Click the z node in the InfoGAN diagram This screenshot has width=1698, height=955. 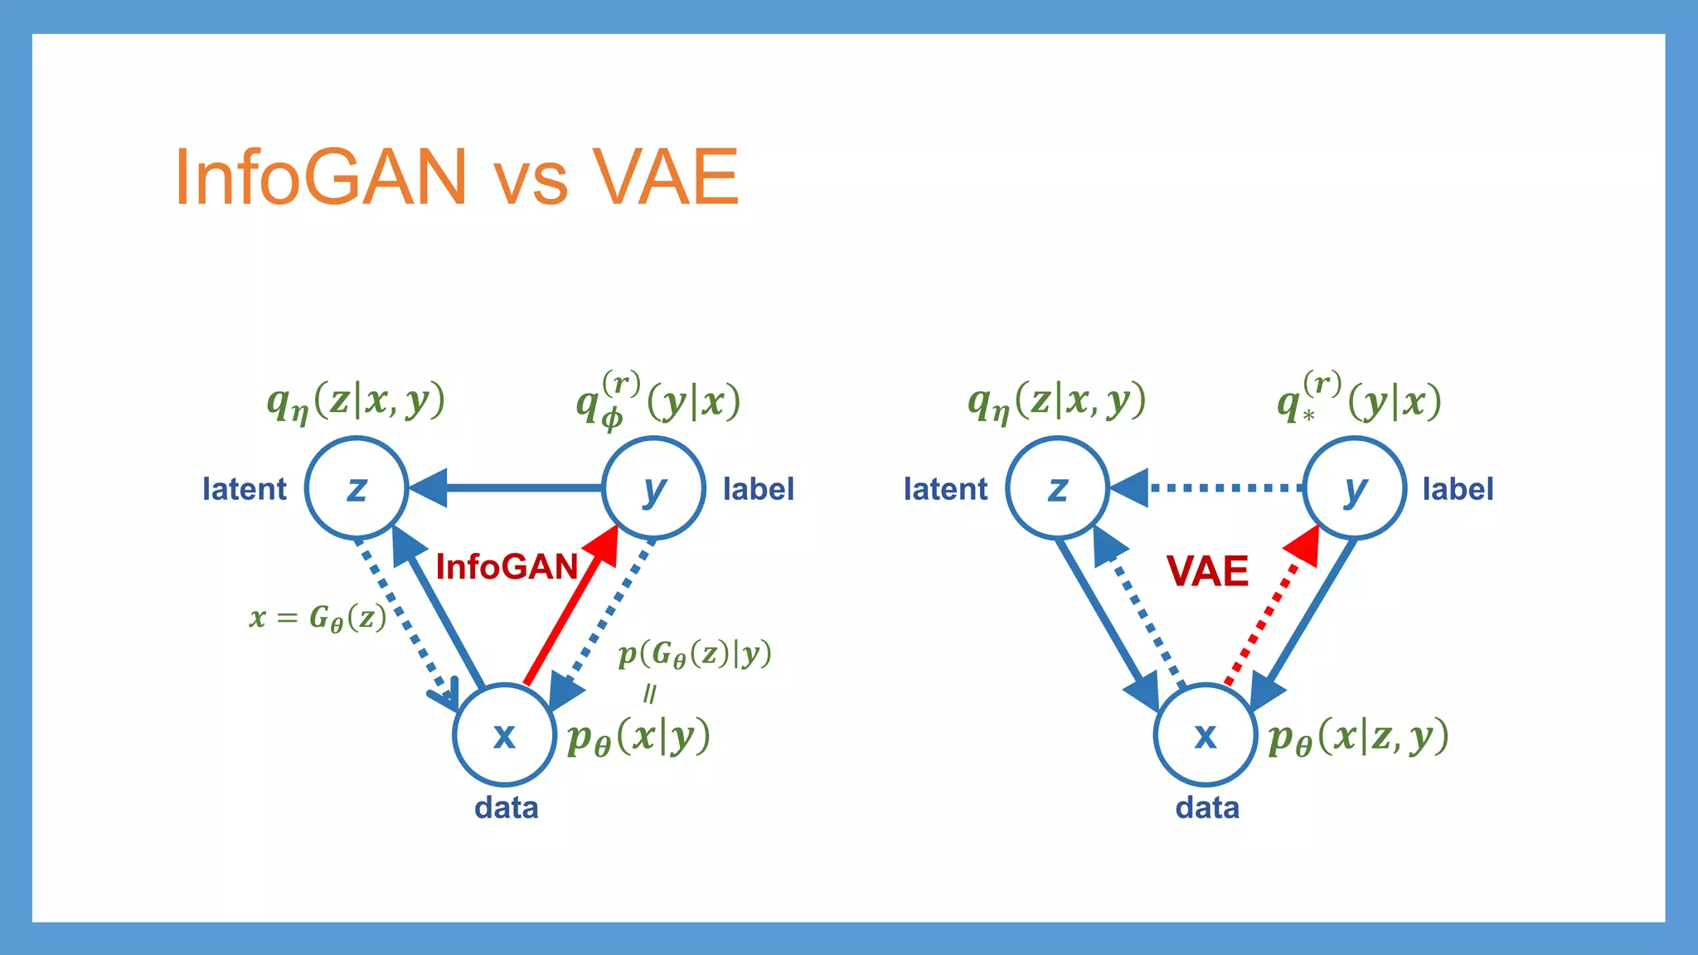[x=357, y=488]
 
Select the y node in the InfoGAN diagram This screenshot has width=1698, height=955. [x=653, y=488]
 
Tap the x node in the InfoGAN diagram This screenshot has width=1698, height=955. [x=504, y=734]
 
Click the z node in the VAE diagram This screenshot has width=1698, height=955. [x=1057, y=488]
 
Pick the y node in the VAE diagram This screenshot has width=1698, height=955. [x=1354, y=488]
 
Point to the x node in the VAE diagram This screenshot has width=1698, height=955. [x=1206, y=734]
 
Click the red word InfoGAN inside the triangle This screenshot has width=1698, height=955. [x=507, y=568]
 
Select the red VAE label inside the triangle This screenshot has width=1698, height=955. [x=1207, y=571]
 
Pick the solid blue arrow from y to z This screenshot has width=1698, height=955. [x=514, y=488]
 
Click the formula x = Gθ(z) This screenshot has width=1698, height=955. [x=318, y=618]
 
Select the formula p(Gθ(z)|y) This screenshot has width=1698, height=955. [x=695, y=654]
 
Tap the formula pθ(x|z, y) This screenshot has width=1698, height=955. [x=1358, y=736]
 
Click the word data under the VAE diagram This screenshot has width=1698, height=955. [x=1207, y=807]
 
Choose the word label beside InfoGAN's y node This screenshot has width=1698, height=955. [x=758, y=489]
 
